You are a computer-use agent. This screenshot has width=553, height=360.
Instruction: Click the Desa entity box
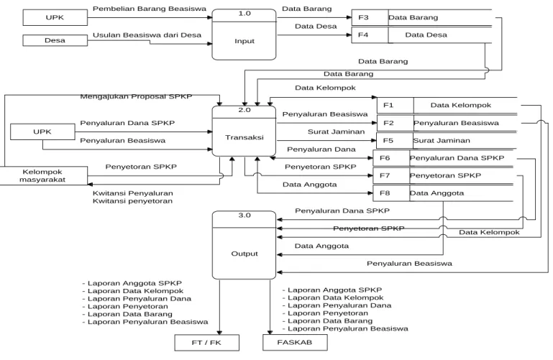(55, 40)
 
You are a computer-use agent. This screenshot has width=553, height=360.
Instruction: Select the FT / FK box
(206, 342)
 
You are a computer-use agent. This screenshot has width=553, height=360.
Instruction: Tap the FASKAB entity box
(295, 342)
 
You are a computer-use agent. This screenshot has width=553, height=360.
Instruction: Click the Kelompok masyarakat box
(43, 175)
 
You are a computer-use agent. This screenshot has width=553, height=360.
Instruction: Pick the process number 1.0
(244, 14)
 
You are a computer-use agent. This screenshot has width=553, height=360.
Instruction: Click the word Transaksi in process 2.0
(244, 137)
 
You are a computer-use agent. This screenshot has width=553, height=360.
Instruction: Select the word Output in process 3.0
(244, 254)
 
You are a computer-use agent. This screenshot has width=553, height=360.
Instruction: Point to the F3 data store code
(363, 17)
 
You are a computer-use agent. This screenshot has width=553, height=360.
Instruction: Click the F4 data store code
(363, 34)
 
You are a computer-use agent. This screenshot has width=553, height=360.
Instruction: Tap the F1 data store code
(388, 105)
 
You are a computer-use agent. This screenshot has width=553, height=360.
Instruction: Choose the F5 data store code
(388, 141)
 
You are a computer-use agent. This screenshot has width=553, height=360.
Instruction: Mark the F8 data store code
(385, 193)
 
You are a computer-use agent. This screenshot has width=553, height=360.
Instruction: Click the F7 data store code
(385, 175)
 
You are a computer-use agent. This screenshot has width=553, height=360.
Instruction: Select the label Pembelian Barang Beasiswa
(150, 9)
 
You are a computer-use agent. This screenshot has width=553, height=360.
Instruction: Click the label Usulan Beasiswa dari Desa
(147, 35)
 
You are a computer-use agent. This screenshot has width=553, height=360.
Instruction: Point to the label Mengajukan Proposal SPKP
(136, 96)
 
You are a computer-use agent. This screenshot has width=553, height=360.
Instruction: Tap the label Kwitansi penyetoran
(132, 201)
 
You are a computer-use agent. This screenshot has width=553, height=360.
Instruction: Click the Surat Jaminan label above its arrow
(336, 131)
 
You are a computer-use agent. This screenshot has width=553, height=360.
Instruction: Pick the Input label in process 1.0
(244, 41)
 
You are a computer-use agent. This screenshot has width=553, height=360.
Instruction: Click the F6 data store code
(385, 158)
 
